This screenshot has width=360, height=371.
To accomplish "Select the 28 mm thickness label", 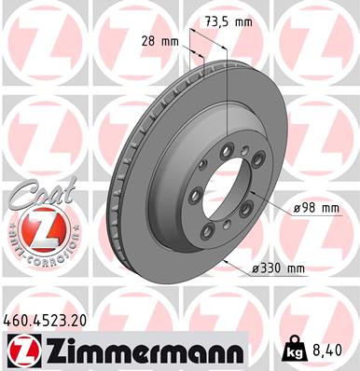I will tap(160, 41).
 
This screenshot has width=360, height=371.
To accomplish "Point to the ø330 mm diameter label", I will tap(279, 269).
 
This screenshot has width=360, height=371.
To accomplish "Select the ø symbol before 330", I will tap(256, 269).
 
